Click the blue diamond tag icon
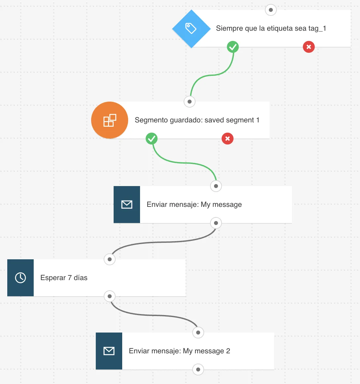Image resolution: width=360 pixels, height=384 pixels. point(191,29)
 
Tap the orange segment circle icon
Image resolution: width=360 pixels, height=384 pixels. point(110,120)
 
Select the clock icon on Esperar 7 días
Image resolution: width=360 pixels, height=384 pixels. point(20,278)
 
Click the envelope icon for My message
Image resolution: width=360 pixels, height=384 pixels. point(127,205)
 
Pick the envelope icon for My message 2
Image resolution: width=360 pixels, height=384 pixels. point(109,351)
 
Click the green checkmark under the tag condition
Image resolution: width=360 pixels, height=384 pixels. point(233,47)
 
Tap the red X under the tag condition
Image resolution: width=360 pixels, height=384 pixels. point(309,47)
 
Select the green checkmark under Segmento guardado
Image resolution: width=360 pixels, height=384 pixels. point(152,139)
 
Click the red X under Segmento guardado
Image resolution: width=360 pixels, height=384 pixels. point(228,139)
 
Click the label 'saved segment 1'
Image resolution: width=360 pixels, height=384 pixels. point(232,120)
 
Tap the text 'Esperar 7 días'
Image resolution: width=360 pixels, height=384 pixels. point(64,278)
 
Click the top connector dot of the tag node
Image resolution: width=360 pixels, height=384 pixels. point(271,10)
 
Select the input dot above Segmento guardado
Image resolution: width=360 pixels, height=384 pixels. point(190,102)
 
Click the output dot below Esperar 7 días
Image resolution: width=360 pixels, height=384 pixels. point(110,296)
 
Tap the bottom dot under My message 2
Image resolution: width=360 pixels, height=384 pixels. point(198,369)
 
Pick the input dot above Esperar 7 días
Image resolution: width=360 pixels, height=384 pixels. point(110,259)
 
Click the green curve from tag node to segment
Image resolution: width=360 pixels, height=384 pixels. point(211,75)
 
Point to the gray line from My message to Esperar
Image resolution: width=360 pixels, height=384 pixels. point(163,242)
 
